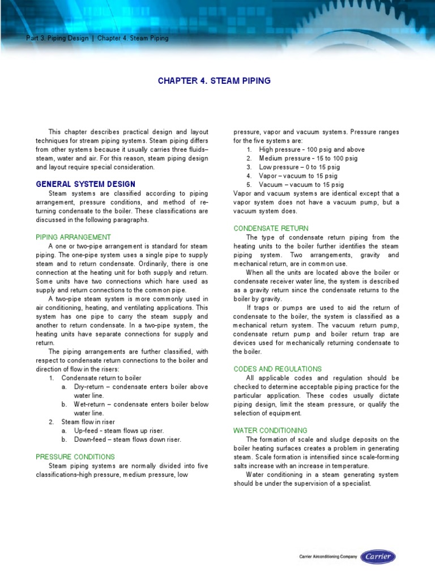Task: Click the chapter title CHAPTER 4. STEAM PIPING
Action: click(214, 81)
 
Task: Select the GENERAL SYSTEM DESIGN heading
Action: click(86, 184)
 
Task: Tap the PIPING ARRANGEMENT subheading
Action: click(73, 237)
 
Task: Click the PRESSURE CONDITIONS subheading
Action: click(75, 457)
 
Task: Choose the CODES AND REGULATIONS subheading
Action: click(278, 369)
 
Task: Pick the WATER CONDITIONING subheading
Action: click(270, 430)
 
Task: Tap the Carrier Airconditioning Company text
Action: click(328, 557)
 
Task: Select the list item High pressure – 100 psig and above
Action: click(312, 150)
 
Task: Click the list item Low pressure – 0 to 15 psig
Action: click(299, 167)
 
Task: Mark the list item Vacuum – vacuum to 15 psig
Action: click(301, 185)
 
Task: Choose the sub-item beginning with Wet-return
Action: click(141, 404)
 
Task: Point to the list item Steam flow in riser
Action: click(87, 421)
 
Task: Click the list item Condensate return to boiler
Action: click(101, 378)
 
